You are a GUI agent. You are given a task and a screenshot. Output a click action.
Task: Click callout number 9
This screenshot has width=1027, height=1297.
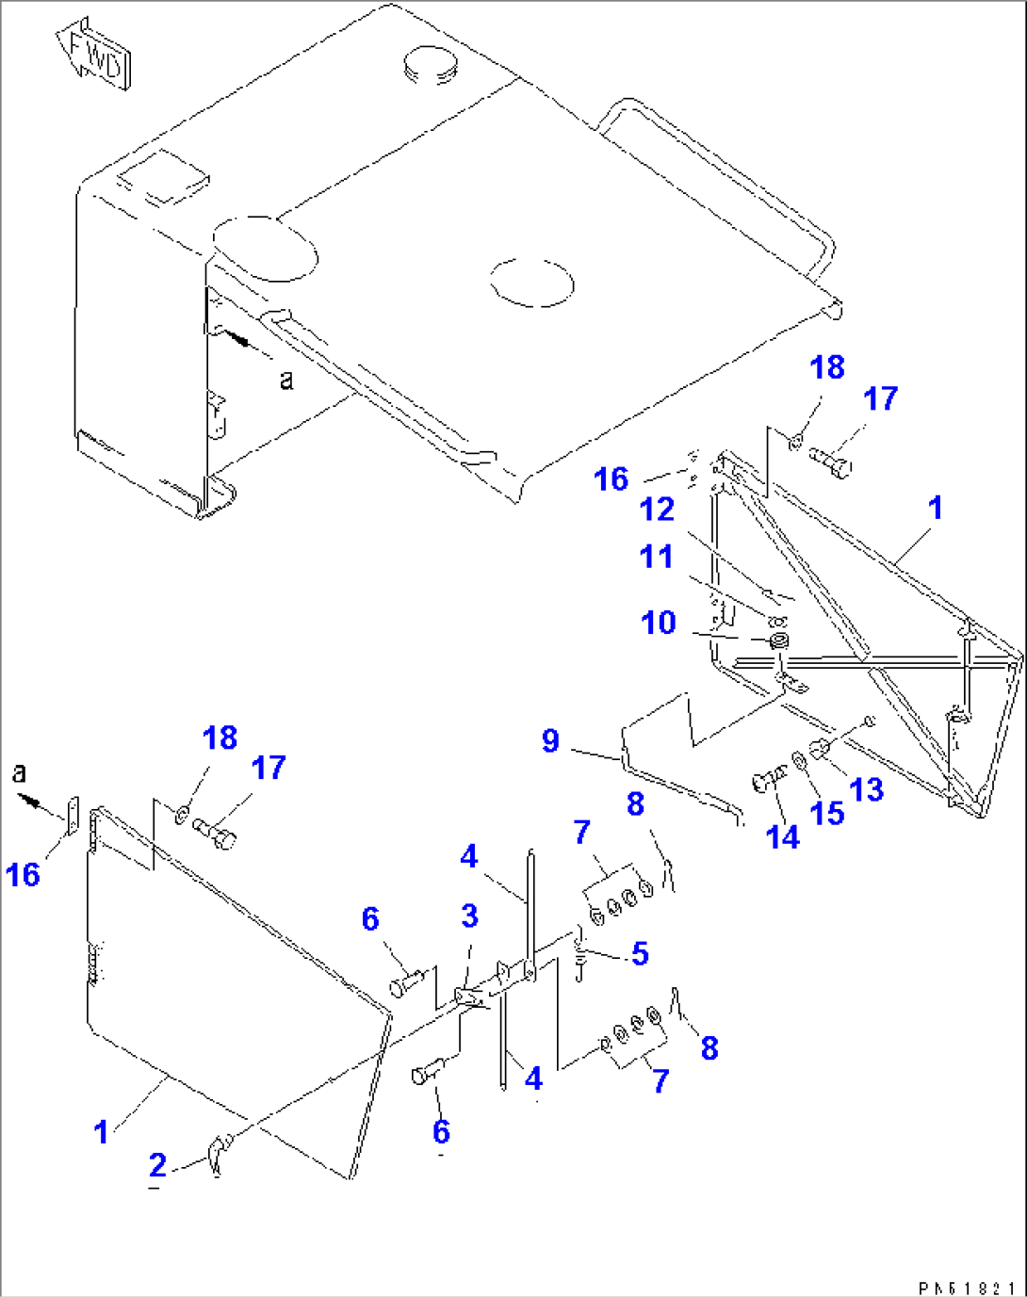(550, 740)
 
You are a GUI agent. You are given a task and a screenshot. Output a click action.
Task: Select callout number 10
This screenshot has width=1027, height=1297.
(659, 623)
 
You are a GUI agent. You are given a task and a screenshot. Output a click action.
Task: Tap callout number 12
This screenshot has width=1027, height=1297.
(657, 510)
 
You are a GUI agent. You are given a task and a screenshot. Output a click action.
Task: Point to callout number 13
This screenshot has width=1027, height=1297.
(867, 789)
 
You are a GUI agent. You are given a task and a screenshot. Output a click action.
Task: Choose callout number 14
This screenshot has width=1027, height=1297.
(783, 835)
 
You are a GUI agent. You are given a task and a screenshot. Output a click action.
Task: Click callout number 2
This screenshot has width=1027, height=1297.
(157, 1166)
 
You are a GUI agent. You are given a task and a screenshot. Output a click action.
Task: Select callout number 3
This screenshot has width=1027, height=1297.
(469, 916)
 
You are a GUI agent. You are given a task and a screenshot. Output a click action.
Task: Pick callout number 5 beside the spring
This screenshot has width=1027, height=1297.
(641, 953)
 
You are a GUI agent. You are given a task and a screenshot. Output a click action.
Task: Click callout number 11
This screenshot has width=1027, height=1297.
(656, 556)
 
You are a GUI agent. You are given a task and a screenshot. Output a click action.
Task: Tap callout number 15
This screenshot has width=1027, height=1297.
(827, 813)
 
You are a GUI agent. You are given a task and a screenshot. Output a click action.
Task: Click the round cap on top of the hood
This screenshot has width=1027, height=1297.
(429, 66)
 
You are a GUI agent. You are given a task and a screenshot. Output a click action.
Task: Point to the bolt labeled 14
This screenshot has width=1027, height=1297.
(764, 780)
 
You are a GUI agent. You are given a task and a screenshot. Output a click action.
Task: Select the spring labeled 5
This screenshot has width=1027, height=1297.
(580, 956)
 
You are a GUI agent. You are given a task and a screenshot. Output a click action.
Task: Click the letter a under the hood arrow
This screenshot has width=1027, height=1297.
(286, 380)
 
